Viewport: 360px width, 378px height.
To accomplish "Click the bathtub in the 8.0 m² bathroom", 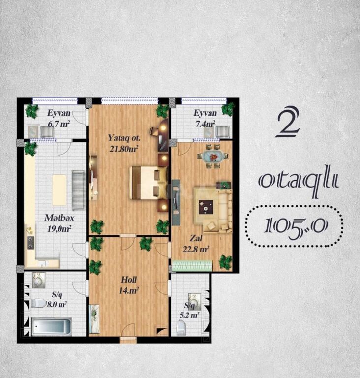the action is coord(52,327).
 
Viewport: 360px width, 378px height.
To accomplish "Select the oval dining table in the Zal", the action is coord(212,157).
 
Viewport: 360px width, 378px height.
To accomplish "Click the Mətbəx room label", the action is coord(59,218).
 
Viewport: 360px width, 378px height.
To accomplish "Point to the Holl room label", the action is coord(129,280).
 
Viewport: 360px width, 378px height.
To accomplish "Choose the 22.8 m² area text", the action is coord(195,249).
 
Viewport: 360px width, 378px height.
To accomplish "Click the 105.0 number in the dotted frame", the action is coord(295,226).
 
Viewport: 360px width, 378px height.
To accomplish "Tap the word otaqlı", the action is coord(299,181).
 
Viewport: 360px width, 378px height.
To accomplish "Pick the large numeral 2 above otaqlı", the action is coord(288,122).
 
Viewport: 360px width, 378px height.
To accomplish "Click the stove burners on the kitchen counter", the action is coord(30,243).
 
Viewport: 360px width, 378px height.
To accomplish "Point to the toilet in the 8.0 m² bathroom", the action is coord(38,304).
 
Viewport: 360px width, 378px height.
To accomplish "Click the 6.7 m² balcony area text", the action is coord(59,124).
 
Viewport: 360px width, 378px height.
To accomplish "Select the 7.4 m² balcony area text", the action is coord(205,124).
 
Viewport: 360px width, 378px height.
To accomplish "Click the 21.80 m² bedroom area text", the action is coord(123,149).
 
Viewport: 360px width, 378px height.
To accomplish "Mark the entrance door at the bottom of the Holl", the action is coord(128,339).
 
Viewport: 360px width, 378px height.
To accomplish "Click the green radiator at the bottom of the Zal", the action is coord(193,266).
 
